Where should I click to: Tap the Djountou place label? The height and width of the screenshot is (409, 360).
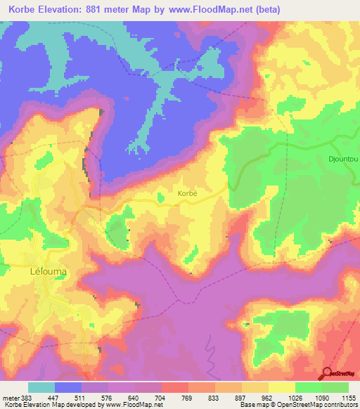pyautogui.click(x=343, y=160)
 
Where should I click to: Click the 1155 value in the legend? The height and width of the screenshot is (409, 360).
pyautogui.click(x=349, y=398)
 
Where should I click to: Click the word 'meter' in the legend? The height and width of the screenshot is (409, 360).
pyautogui.click(x=10, y=398)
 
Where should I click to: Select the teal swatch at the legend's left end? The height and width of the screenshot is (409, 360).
pyautogui.click(x=41, y=387)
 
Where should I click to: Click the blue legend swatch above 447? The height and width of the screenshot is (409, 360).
pyautogui.click(x=68, y=387)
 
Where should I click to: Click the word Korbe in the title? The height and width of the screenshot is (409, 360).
pyautogui.click(x=23, y=9)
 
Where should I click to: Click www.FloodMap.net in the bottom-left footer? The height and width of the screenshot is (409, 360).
pyautogui.click(x=122, y=405)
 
